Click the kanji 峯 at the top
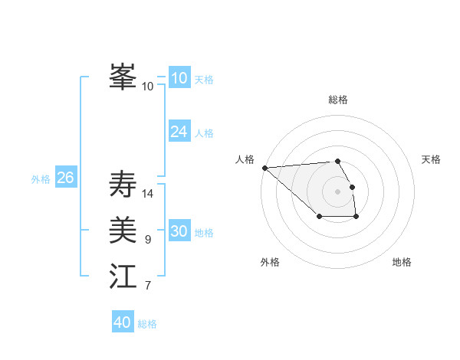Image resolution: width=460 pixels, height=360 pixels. point(123,77)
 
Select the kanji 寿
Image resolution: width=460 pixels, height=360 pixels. point(123,185)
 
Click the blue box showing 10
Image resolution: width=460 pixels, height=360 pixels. point(179,78)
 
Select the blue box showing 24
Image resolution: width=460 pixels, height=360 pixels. point(179,132)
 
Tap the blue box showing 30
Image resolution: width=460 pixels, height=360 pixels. point(179,231)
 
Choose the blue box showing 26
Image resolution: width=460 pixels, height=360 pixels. point(65,178)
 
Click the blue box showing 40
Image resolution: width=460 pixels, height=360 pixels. point(123,322)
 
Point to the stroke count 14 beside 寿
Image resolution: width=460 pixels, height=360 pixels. point(148,193)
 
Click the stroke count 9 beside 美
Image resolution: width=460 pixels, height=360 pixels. point(148,240)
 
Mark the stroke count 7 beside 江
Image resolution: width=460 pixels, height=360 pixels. point(148,286)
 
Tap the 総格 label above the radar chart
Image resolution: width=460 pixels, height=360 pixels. point(337,100)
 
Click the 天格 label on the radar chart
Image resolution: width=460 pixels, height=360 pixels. point(431,159)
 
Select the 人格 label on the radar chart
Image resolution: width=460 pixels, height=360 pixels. point(245,159)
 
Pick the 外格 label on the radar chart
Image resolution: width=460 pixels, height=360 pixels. point(270,262)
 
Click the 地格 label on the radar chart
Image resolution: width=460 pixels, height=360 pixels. point(402,262)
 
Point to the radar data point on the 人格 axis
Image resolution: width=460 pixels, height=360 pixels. point(264,168)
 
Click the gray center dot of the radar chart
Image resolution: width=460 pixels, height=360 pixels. point(337,191)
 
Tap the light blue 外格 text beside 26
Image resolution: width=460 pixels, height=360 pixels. point(41,179)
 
